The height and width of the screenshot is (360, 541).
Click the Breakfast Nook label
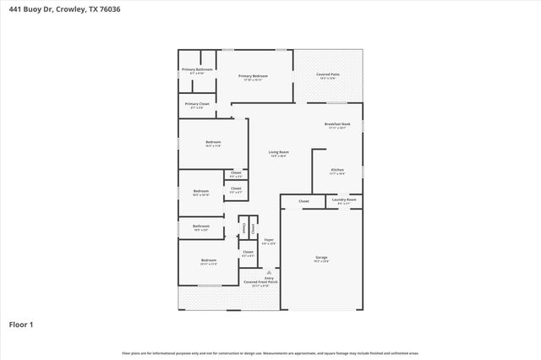tap(337, 125)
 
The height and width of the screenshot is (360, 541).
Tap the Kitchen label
tap(337, 171)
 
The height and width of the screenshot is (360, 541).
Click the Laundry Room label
tap(347, 201)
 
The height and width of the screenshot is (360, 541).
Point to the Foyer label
tap(269, 241)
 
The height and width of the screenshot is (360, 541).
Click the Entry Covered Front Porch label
tap(259, 281)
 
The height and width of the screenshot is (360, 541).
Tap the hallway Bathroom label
tap(200, 226)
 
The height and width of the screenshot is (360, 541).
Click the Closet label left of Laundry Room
tap(303, 201)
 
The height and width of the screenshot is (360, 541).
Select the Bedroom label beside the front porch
tap(209, 261)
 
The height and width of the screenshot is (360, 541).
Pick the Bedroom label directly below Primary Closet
tap(213, 143)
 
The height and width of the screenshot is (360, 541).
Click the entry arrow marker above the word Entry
tap(269, 271)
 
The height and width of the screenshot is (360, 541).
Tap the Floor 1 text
tap(21, 324)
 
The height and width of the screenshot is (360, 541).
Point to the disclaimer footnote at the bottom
tap(270, 352)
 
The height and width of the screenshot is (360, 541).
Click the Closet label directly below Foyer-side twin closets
tap(248, 253)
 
